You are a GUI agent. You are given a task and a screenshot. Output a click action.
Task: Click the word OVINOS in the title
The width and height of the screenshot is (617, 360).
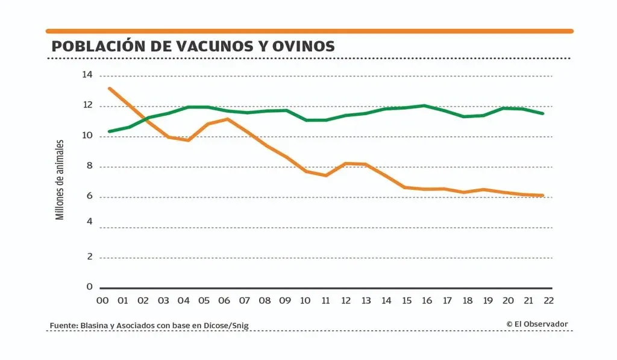[x=304, y=46]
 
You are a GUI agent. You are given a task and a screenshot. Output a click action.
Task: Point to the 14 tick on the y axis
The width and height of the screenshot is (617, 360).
[x=87, y=75]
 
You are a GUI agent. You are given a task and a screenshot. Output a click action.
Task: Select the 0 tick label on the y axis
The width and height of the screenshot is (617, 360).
[x=89, y=287]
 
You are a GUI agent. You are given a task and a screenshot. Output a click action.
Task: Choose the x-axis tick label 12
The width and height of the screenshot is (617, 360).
[x=346, y=300]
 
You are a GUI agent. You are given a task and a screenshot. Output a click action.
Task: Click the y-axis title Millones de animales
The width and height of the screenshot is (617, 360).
[x=60, y=179]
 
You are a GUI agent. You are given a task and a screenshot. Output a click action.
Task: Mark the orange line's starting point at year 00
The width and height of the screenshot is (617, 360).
[x=109, y=89]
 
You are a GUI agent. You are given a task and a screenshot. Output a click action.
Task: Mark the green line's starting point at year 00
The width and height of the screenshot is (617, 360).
[x=109, y=131]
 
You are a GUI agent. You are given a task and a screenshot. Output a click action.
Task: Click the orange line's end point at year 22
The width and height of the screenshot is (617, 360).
[x=543, y=195]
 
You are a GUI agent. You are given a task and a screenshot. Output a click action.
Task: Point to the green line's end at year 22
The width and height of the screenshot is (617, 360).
[x=543, y=113]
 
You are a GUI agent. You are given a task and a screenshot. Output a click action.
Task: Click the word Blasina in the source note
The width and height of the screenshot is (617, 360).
[x=93, y=326]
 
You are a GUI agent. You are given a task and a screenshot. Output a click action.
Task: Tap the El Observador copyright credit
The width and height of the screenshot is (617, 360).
[x=537, y=324]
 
